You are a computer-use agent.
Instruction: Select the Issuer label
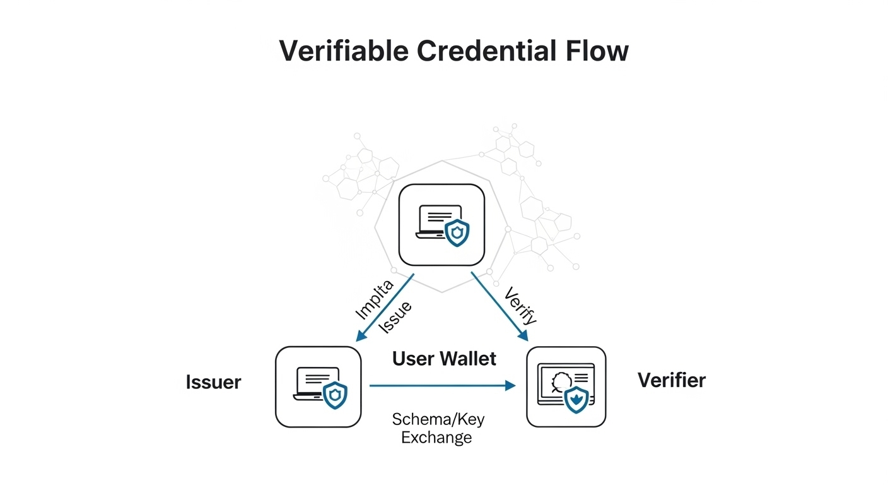[x=213, y=382]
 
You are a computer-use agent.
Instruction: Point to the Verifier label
[x=671, y=380]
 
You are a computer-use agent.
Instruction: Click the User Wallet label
[x=444, y=359]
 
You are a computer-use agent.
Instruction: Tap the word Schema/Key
[x=438, y=419]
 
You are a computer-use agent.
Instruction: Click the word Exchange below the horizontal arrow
[x=436, y=437]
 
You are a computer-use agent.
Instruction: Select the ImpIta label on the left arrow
[x=375, y=299]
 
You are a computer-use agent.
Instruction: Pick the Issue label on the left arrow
[x=395, y=318]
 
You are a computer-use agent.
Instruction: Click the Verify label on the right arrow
[x=521, y=306]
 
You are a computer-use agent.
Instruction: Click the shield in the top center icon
[x=457, y=233]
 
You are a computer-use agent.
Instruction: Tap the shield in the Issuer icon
[x=335, y=395]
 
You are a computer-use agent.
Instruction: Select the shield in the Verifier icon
[x=576, y=400]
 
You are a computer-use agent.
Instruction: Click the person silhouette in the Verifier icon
[x=559, y=381]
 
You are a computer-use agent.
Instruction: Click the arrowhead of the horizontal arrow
[x=511, y=385]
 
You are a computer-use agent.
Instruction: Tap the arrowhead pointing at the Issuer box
[x=360, y=338]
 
